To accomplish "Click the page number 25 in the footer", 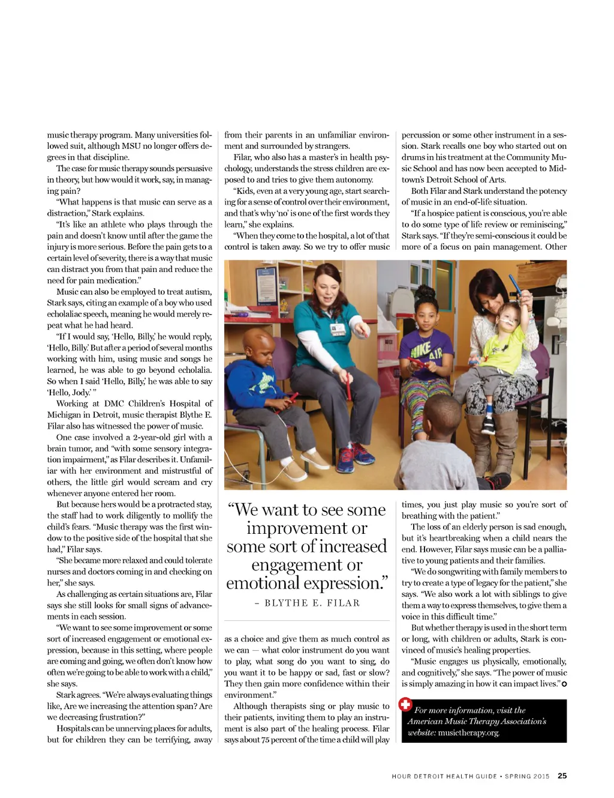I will click(562, 776).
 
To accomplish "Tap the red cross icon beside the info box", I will click(405, 704).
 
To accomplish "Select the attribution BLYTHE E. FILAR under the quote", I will click(307, 603).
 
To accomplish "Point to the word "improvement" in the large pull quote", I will click(306, 528).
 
